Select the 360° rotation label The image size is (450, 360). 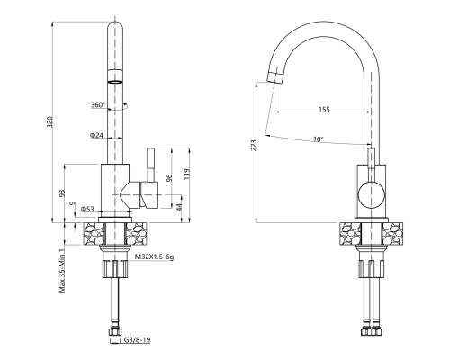coord(97,105)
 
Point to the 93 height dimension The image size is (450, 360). coord(61,193)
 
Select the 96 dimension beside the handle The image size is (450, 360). coord(168,177)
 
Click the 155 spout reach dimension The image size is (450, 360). coord(323,110)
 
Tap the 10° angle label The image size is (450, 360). coord(318,139)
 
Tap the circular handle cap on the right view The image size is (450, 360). coord(371,193)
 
